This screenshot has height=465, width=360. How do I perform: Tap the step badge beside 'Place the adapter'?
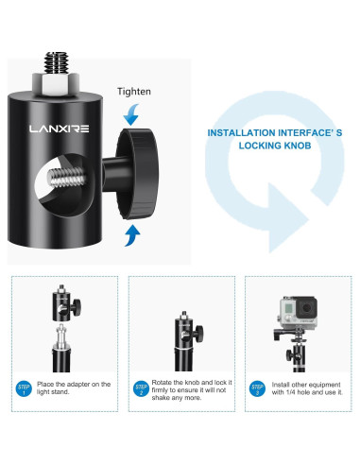(24, 388)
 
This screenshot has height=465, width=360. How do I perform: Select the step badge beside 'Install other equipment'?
(257, 388)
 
